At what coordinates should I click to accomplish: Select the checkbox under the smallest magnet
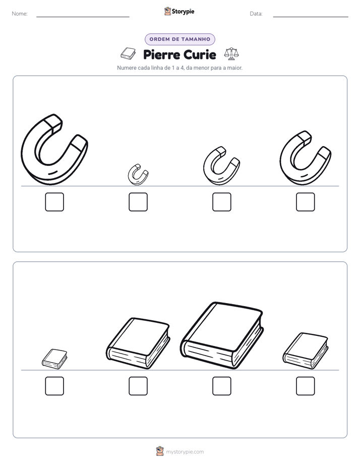[x=138, y=202]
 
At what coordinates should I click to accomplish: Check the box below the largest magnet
[x=54, y=202]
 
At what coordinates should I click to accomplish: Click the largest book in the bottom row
[x=222, y=336]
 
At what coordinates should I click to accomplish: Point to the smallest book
[x=54, y=359]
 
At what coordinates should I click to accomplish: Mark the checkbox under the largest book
[x=222, y=386]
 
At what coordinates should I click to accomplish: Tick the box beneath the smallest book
[x=54, y=386]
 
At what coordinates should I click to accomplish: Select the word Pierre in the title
[x=161, y=54]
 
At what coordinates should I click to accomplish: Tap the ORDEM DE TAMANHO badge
[x=179, y=39]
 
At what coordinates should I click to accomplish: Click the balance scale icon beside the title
[x=231, y=54]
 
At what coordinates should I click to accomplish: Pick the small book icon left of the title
[x=128, y=53]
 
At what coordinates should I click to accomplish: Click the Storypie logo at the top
[x=179, y=11]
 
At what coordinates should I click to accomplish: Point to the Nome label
[x=20, y=14]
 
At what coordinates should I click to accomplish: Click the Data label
[x=256, y=14]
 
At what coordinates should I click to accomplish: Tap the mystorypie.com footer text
[x=185, y=452]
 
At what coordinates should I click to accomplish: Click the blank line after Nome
[x=83, y=17]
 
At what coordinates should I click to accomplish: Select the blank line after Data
[x=311, y=17]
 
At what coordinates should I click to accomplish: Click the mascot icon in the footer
[x=160, y=451]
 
